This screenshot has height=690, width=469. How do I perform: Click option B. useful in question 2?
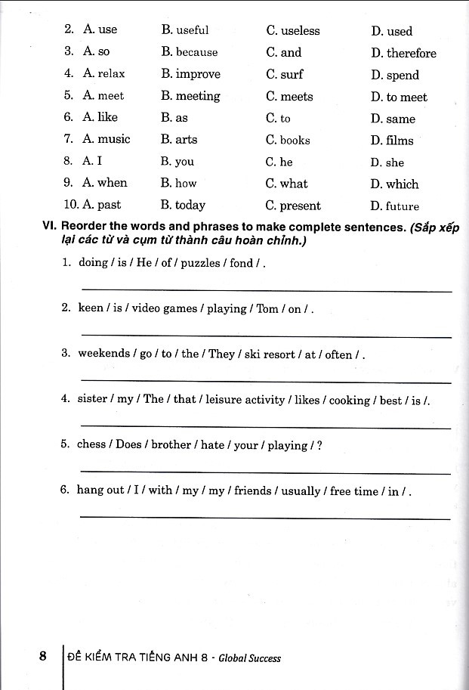click(185, 30)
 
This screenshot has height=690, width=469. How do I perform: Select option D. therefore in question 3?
click(403, 53)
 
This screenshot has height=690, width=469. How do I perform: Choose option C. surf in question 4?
click(285, 75)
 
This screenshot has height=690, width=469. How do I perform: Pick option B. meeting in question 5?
click(190, 96)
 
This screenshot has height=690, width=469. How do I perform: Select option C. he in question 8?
click(279, 162)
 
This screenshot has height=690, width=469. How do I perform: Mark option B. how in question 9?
click(179, 183)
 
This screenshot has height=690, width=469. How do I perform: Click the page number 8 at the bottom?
click(44, 656)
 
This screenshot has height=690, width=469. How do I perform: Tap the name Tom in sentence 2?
click(267, 308)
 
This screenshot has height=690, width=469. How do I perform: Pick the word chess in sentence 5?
click(91, 444)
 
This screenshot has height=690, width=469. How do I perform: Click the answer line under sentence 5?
click(264, 472)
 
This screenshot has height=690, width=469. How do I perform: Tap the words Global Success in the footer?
click(249, 658)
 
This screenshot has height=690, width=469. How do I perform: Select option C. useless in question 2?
click(293, 31)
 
